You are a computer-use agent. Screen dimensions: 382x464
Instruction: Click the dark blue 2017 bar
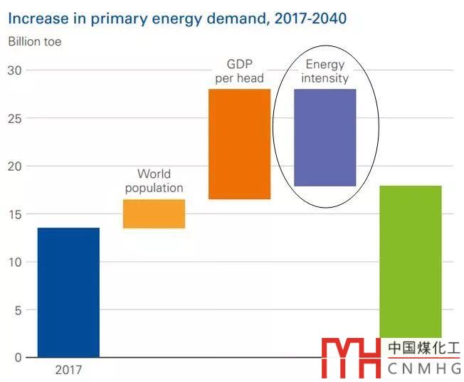click(x=68, y=292)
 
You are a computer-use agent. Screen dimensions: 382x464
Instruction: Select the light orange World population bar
click(x=154, y=213)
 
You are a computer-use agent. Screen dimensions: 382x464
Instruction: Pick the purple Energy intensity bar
click(x=325, y=137)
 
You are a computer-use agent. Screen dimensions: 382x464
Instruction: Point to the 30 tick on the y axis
click(x=15, y=70)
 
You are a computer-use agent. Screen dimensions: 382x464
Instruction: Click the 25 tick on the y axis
click(x=15, y=118)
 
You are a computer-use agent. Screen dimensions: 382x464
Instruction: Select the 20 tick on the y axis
click(x=15, y=166)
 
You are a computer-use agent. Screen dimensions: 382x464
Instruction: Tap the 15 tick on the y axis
click(x=15, y=214)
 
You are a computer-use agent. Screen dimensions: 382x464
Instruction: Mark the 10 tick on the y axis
click(x=15, y=262)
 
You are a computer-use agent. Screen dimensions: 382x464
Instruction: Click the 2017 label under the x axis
click(x=68, y=370)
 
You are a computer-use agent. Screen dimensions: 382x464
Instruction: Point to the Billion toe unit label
click(x=35, y=41)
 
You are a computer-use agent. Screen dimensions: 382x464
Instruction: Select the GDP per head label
click(x=239, y=70)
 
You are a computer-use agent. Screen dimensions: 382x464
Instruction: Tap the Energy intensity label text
click(x=325, y=71)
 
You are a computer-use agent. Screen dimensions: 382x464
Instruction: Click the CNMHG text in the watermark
click(x=424, y=368)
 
